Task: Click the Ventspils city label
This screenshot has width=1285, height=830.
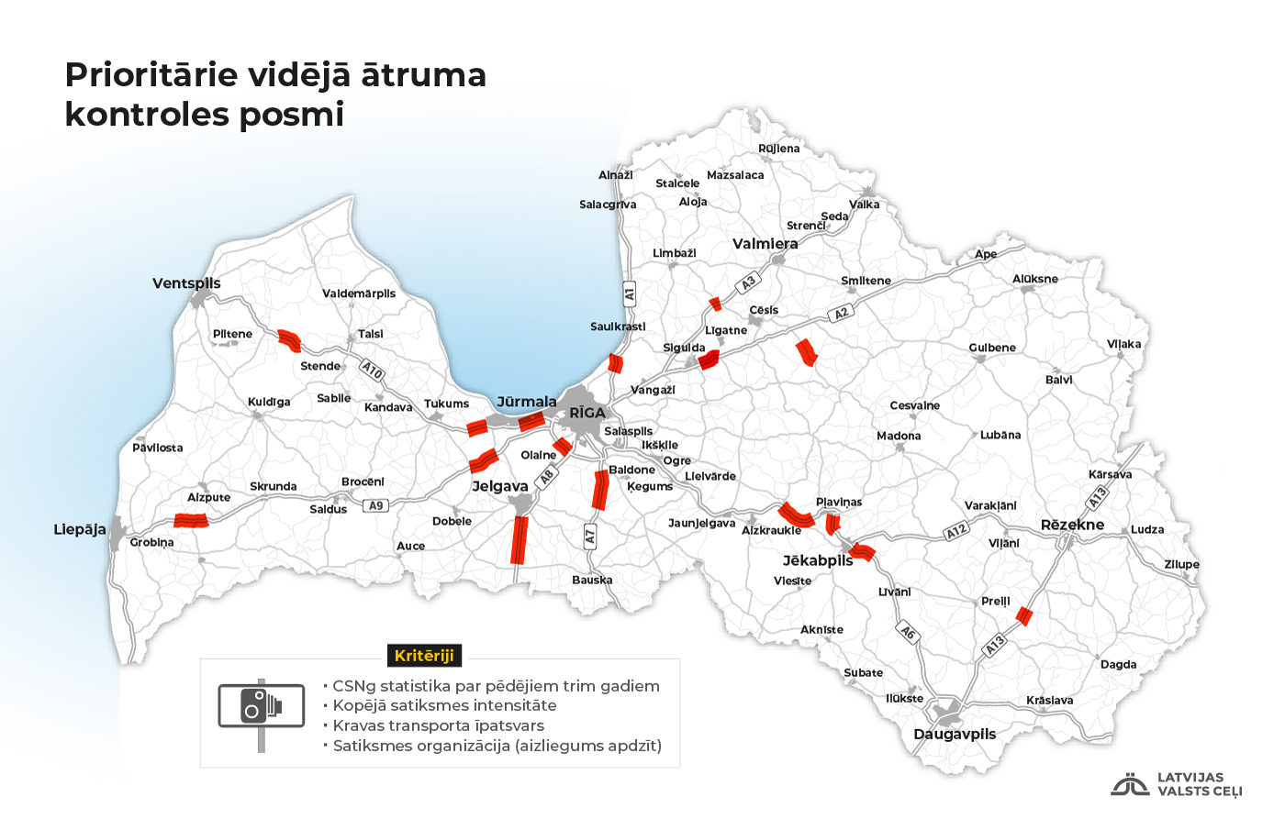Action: (186, 283)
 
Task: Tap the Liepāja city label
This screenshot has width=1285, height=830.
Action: (79, 530)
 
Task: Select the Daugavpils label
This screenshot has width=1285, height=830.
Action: (955, 734)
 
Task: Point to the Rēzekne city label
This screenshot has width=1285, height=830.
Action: (1072, 525)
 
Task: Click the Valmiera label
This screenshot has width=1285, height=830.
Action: (765, 244)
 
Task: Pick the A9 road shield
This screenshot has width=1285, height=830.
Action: (375, 505)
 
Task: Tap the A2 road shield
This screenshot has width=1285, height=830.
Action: (840, 314)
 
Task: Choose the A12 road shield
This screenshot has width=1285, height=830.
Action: (956, 531)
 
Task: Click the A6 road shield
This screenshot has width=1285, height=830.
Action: (907, 632)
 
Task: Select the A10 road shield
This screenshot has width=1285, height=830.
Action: (372, 370)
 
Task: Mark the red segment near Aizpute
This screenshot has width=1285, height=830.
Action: (192, 521)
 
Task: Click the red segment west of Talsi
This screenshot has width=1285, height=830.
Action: (289, 340)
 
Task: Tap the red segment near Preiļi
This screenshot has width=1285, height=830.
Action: (1024, 616)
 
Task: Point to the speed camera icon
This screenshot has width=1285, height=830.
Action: (261, 705)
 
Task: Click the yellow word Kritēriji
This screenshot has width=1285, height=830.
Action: (424, 656)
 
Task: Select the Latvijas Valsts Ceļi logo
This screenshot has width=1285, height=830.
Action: (1177, 785)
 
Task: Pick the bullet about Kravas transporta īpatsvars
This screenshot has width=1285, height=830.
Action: (438, 725)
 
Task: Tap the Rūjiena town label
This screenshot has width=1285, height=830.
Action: (778, 149)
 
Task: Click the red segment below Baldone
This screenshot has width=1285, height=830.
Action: (600, 490)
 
